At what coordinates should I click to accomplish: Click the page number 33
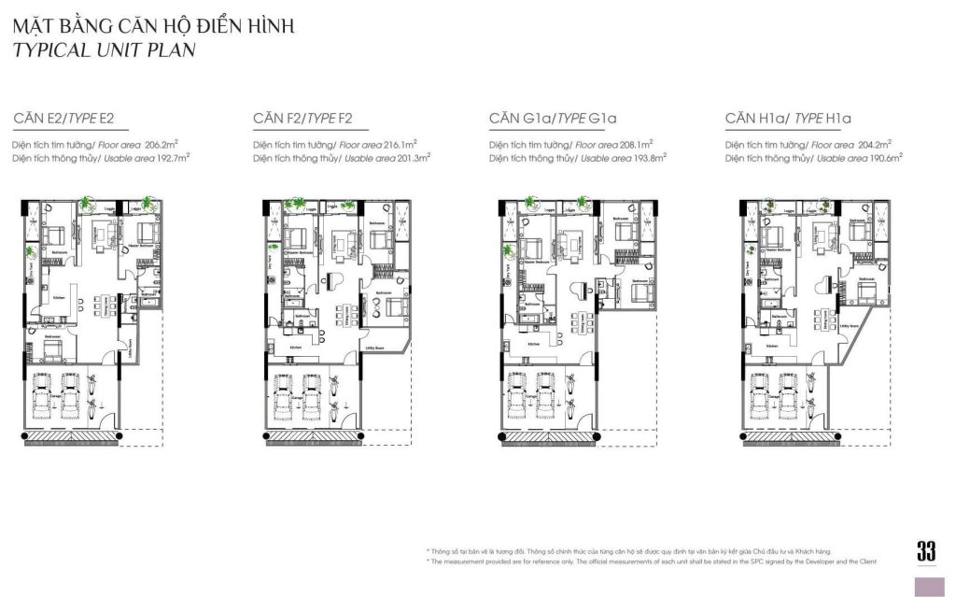click(x=926, y=551)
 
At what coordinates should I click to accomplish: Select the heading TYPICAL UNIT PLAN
click(x=104, y=50)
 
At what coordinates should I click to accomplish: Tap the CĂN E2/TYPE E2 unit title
click(x=63, y=119)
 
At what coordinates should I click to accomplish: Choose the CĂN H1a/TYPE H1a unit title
click(x=789, y=119)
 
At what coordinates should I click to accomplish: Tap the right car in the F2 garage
click(x=312, y=396)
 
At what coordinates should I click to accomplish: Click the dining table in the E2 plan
click(x=93, y=304)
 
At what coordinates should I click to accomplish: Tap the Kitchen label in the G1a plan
click(x=534, y=345)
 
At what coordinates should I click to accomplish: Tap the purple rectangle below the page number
click(x=926, y=586)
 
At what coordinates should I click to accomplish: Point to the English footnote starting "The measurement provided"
click(x=654, y=561)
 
